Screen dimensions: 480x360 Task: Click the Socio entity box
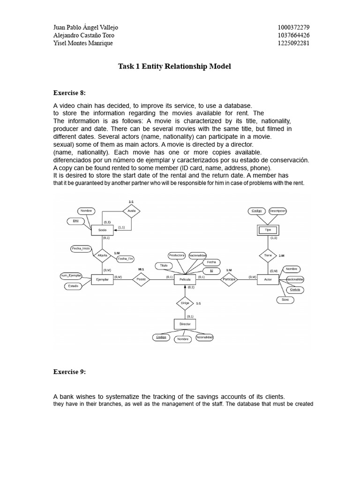(x=102, y=230)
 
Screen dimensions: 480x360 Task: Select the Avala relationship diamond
(x=132, y=211)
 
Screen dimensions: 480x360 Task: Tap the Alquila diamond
(x=102, y=255)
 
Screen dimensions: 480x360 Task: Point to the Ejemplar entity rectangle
(x=102, y=279)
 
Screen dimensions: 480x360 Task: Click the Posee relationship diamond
(x=141, y=279)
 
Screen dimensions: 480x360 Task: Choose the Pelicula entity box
(x=185, y=279)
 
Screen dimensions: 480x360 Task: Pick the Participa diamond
(x=229, y=279)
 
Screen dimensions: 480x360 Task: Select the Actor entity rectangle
(x=268, y=279)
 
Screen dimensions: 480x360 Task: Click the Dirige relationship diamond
(x=185, y=303)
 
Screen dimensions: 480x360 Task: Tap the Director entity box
(x=185, y=324)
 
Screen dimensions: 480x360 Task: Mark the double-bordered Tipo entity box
(x=268, y=230)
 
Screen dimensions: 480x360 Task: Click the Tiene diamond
(x=268, y=255)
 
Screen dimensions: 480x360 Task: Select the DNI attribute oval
(x=75, y=220)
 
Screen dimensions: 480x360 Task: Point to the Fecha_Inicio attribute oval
(x=81, y=248)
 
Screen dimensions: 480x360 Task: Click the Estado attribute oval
(x=73, y=285)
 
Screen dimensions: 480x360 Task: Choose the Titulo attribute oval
(x=164, y=266)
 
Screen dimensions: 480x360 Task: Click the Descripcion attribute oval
(x=277, y=211)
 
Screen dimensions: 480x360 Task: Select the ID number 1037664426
(x=293, y=35)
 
